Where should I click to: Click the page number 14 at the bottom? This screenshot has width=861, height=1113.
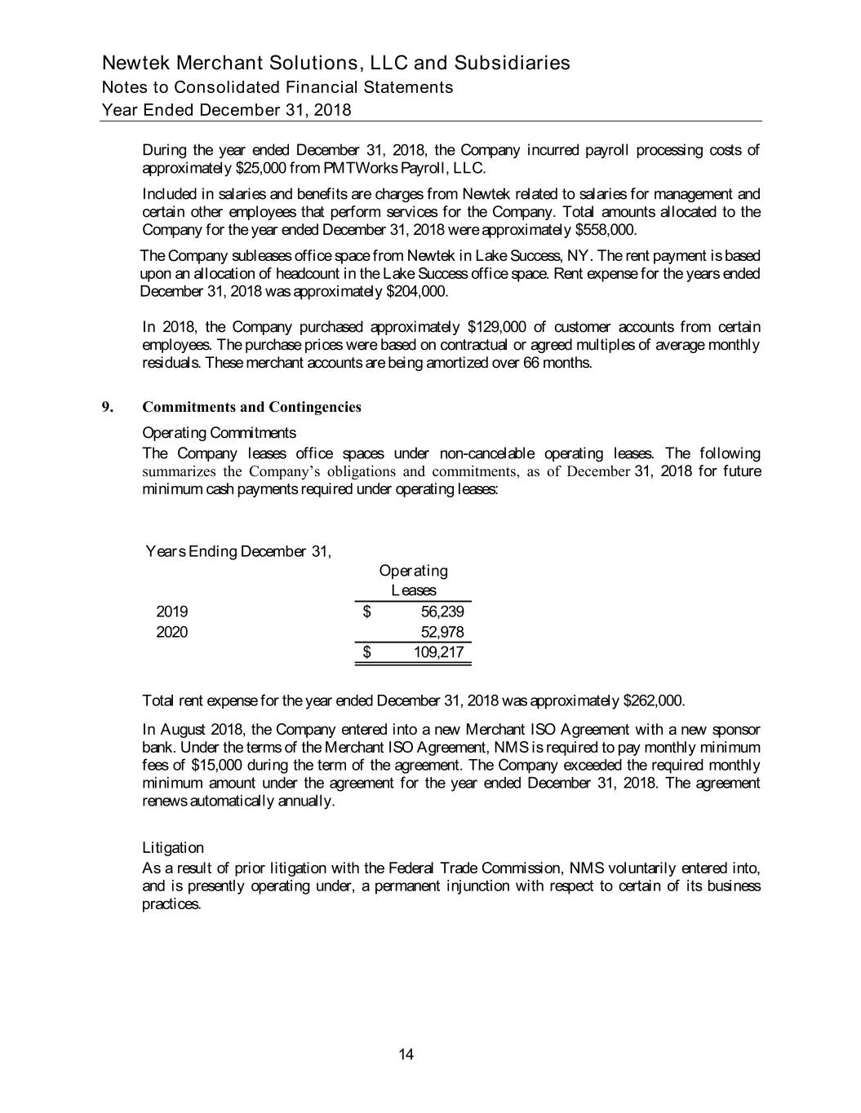coord(406,1055)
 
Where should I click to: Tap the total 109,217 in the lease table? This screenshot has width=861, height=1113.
coord(439,652)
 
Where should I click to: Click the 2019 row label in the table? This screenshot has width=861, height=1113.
coord(172,612)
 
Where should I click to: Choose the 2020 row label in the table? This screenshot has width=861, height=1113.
coord(172,632)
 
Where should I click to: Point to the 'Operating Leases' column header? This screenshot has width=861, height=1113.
coord(413,580)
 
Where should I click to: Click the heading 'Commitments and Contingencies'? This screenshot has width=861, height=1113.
coord(251,407)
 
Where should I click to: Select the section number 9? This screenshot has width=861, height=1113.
coord(105,407)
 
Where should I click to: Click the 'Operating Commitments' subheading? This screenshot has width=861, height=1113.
coord(219,432)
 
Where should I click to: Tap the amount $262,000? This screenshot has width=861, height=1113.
coord(653,701)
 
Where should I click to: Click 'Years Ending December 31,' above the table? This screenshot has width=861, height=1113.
coord(238,551)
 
